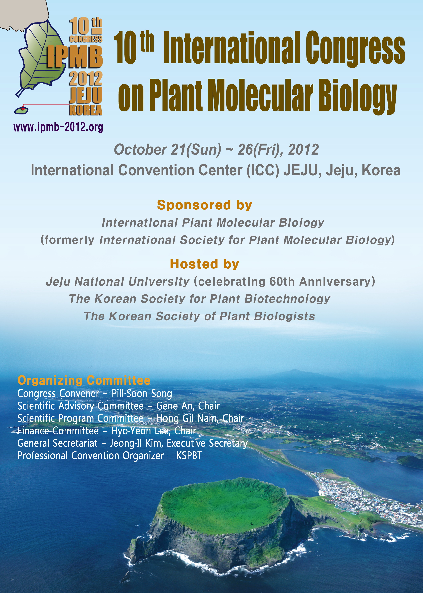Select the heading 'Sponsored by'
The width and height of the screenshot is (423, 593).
(x=204, y=205)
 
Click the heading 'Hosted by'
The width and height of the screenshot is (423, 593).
(x=204, y=264)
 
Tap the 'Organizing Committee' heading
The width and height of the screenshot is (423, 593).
(x=84, y=380)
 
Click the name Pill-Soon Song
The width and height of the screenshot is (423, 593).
(x=142, y=394)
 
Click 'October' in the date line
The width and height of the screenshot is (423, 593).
(x=140, y=149)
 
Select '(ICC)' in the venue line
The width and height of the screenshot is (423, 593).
(x=263, y=171)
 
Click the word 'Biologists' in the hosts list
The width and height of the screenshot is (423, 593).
(x=284, y=316)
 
